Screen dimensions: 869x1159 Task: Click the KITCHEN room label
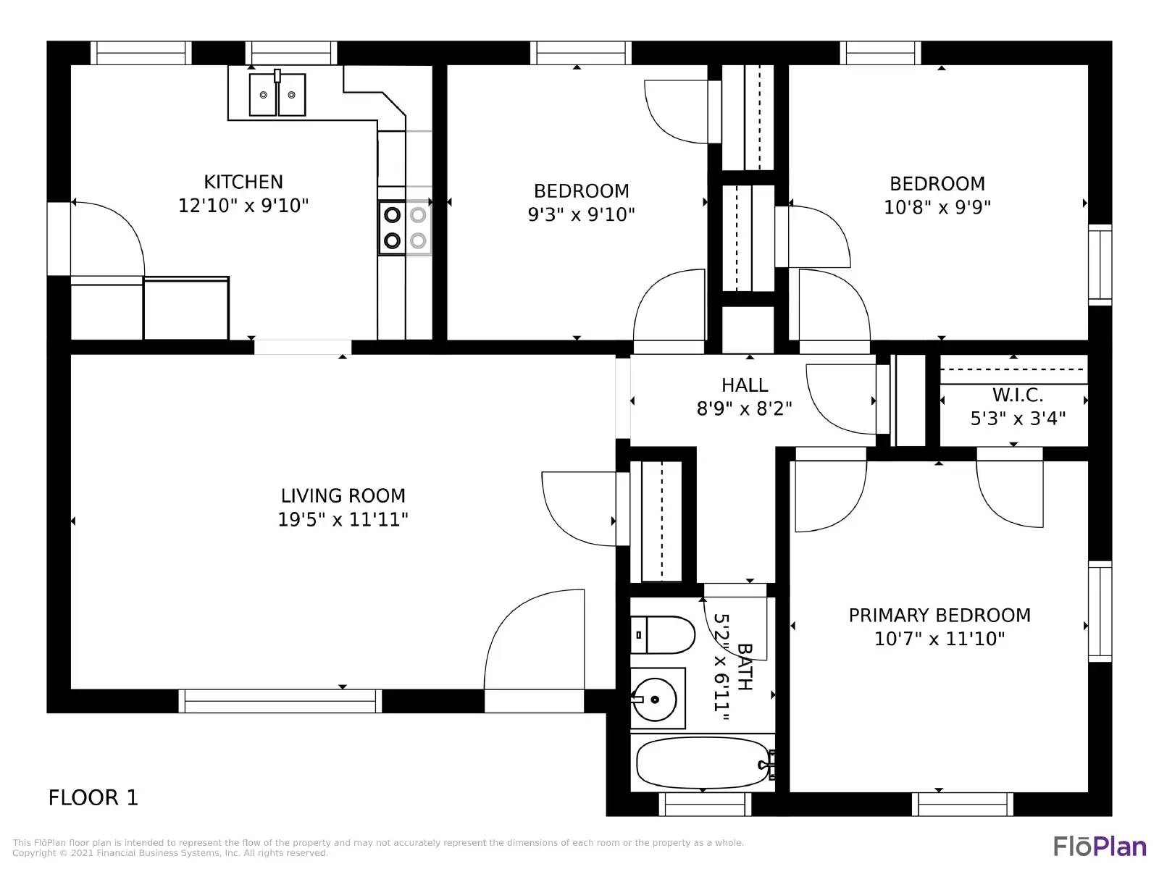click(243, 182)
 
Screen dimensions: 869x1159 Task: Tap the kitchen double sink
click(277, 95)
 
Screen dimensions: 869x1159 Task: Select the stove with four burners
click(404, 227)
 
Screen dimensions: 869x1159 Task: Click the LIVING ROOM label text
click(343, 496)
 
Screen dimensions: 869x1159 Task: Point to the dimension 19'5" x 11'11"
click(343, 519)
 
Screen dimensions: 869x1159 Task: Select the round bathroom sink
click(655, 700)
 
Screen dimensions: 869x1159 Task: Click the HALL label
click(745, 385)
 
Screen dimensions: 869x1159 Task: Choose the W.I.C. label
click(1018, 395)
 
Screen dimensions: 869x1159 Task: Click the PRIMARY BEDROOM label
click(940, 616)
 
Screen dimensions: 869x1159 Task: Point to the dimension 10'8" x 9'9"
click(937, 207)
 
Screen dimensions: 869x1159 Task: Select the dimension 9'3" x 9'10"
click(581, 214)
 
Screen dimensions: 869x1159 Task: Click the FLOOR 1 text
click(93, 798)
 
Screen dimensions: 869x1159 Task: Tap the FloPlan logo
click(1100, 846)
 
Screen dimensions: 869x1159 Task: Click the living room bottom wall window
click(280, 701)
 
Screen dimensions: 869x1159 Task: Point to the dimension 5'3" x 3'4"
click(1018, 419)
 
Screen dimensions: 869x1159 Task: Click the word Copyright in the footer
click(35, 853)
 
